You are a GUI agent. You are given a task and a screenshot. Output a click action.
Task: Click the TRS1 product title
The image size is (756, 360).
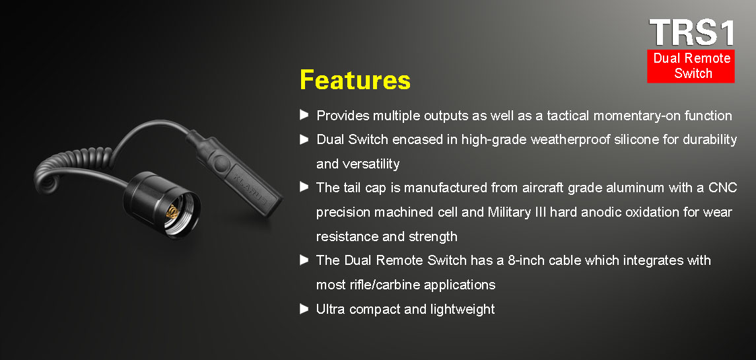[x=692, y=33]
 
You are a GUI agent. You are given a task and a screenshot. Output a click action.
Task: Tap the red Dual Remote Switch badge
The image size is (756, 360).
[x=691, y=66]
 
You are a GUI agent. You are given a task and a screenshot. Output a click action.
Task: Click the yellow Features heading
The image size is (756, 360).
[x=355, y=80]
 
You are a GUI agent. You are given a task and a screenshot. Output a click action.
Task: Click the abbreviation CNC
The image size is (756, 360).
[x=722, y=188]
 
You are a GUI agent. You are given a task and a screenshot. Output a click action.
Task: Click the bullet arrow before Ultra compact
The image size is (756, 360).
[x=304, y=308]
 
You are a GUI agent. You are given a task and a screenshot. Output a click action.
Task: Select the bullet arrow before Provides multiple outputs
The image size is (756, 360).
[x=304, y=115]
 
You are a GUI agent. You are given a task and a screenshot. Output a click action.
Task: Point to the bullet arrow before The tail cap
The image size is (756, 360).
[x=304, y=187]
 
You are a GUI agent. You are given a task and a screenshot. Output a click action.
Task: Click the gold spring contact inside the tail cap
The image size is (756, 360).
[x=172, y=212]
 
